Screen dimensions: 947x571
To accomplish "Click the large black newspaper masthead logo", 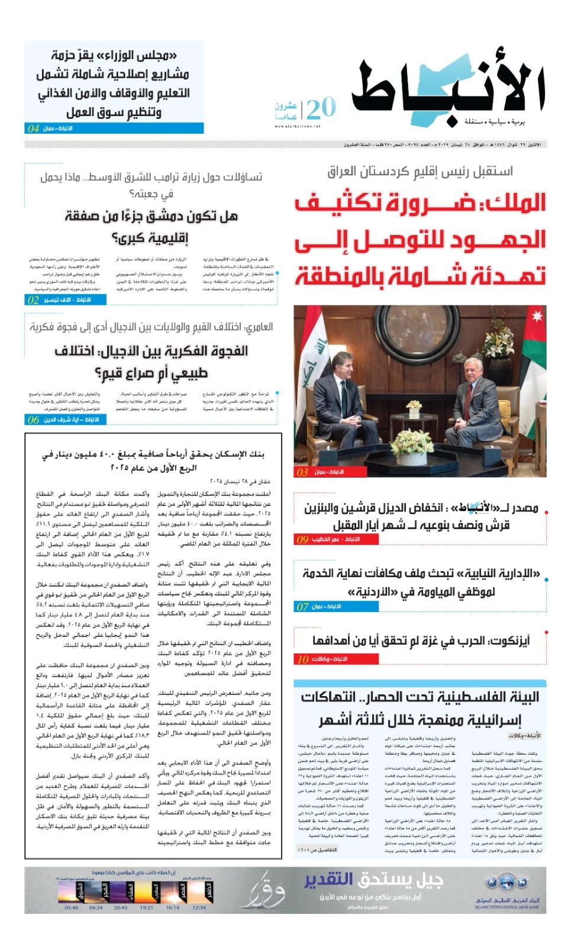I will click(x=448, y=92).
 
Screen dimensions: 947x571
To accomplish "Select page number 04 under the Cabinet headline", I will click(x=34, y=128).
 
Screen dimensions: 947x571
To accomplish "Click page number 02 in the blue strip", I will click(x=33, y=300).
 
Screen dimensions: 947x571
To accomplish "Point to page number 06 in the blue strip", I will click(x=33, y=420).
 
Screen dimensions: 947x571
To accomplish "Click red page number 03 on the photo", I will click(x=302, y=472).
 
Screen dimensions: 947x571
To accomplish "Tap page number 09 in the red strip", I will click(x=302, y=539).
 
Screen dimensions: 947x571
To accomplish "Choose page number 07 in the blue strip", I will click(x=302, y=607).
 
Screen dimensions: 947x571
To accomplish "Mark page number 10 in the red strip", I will click(x=302, y=659).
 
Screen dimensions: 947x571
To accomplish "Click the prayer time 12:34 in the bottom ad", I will click(x=199, y=907).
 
